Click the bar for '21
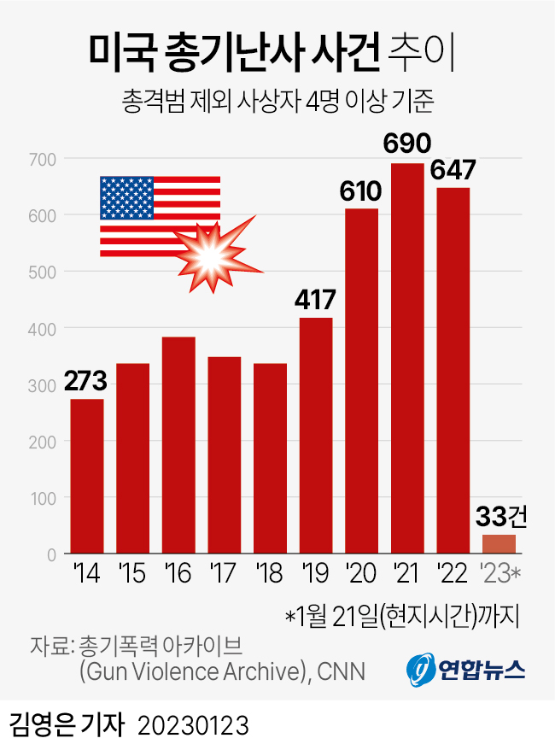click(x=407, y=359)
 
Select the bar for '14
click(x=87, y=477)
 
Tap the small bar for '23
click(x=499, y=544)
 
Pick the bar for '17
click(x=225, y=455)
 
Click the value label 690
click(x=407, y=144)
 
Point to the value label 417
click(x=315, y=300)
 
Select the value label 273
click(x=86, y=382)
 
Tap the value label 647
click(x=453, y=169)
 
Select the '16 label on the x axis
click(x=178, y=575)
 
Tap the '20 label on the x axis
click(x=361, y=575)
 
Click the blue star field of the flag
click(x=126, y=198)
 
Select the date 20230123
click(x=193, y=726)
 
